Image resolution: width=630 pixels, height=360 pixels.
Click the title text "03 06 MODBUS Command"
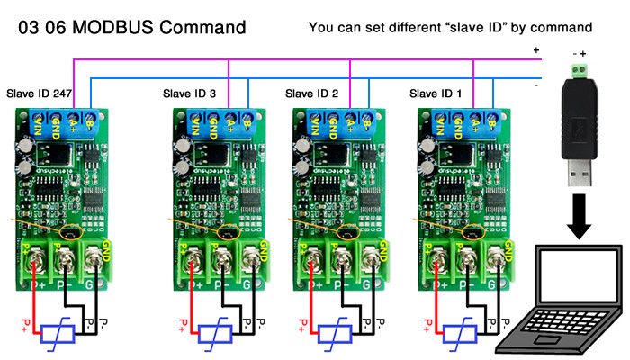(x=131, y=27)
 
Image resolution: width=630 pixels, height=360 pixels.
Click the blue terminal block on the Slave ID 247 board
(x=64, y=121)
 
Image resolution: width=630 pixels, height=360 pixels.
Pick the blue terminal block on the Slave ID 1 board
(x=458, y=121)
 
